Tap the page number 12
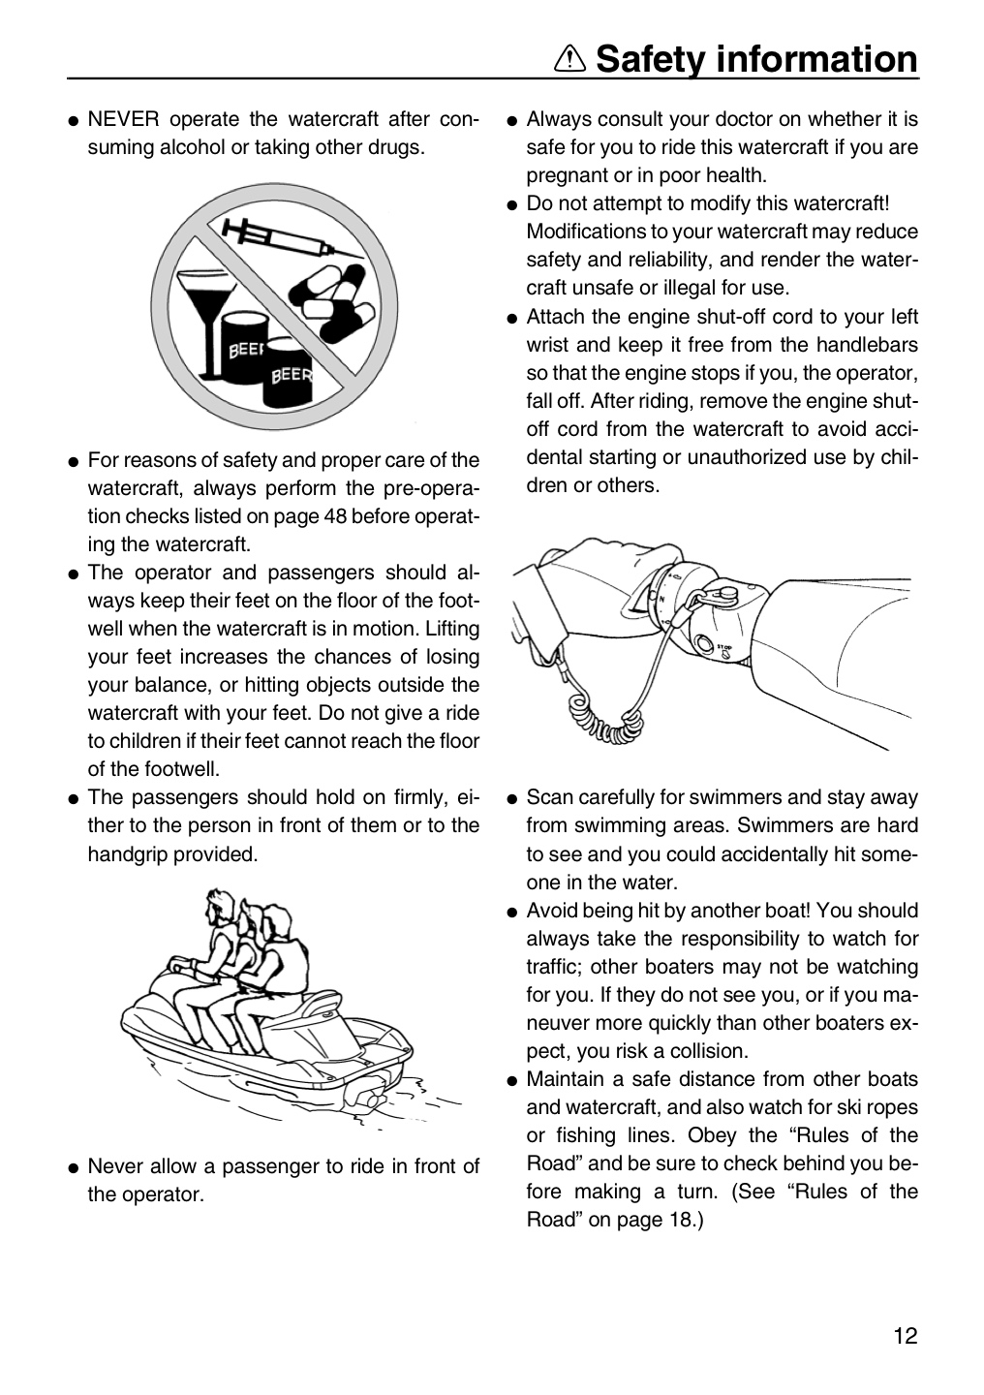[x=906, y=1336]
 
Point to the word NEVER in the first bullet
[x=123, y=118]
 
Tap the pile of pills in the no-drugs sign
[x=332, y=297]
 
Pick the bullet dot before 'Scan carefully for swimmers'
[x=512, y=799]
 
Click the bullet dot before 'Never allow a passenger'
[x=74, y=1167]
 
